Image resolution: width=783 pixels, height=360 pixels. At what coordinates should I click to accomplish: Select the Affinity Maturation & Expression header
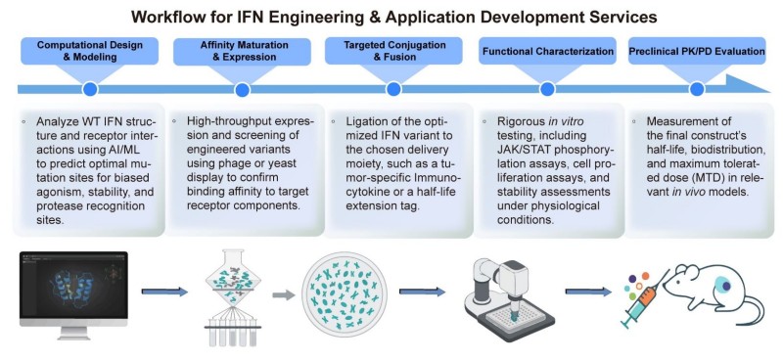coord(239,52)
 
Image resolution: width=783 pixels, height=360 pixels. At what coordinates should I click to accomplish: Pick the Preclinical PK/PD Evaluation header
coord(697,50)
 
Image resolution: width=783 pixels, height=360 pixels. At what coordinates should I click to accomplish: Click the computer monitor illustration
coord(74,290)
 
